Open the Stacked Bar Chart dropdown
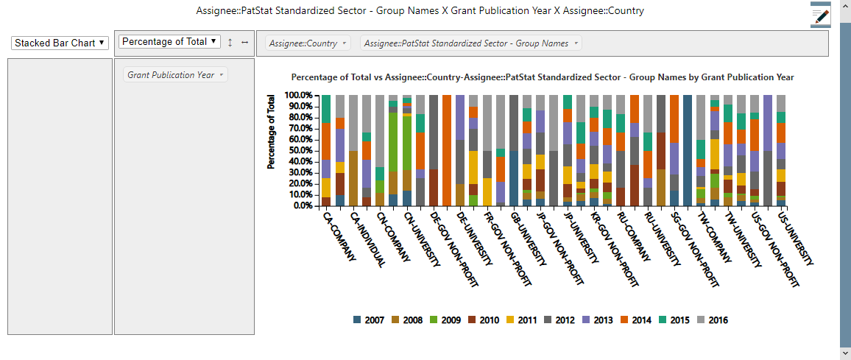click(60, 43)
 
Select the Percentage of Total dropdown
click(170, 42)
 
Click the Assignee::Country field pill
click(308, 43)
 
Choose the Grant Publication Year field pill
click(176, 75)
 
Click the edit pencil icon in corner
click(820, 15)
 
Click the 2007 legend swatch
click(358, 320)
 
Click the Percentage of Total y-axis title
click(272, 131)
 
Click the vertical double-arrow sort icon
click(230, 42)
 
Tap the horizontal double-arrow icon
click(244, 42)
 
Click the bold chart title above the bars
click(543, 77)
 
